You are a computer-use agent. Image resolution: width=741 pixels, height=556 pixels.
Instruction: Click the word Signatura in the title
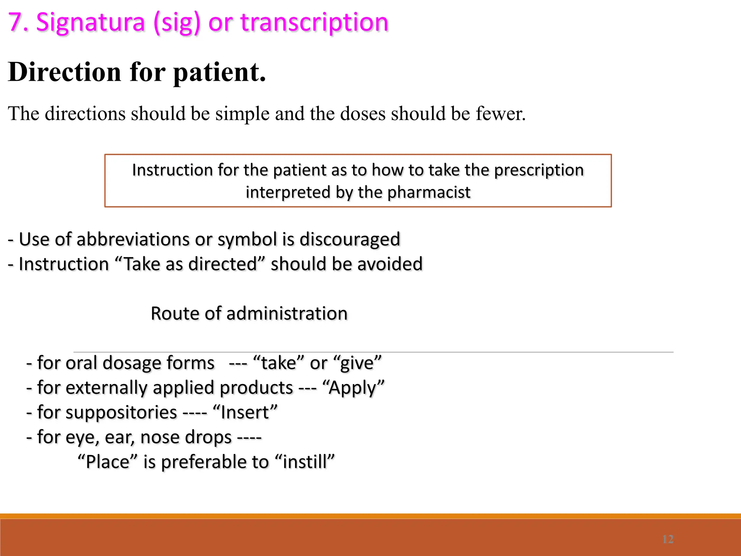[x=90, y=22]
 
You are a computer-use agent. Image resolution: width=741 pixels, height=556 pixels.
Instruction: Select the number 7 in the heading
[x=15, y=22]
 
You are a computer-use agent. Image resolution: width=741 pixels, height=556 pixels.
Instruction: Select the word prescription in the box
[x=539, y=170]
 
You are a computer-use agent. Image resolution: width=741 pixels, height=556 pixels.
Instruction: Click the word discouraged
[x=350, y=239]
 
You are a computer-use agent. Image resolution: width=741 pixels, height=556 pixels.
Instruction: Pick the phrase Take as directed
[x=191, y=264]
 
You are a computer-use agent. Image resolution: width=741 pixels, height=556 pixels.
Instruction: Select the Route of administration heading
[x=249, y=313]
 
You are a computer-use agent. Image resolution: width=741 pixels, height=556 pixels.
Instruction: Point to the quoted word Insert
[x=245, y=413]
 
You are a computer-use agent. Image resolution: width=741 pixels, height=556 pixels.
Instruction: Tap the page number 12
[x=668, y=539]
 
